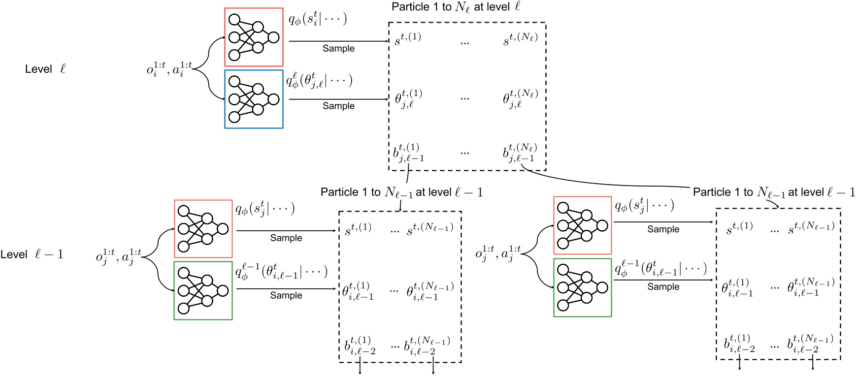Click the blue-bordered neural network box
254,99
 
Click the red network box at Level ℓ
254,37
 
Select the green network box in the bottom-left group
203,290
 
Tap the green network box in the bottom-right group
583,287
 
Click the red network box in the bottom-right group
583,225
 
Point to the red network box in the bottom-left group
203,229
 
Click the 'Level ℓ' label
45,69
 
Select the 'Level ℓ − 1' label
32,254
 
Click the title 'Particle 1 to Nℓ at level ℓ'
456,7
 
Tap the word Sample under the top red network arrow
338,48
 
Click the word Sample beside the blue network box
338,106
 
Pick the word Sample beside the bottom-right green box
663,286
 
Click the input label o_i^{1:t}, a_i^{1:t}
169,69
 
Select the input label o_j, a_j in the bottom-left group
118,256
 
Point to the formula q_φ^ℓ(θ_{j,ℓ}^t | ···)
319,80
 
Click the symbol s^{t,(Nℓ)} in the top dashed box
520,39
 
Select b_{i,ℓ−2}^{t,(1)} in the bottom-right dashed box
739,344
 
